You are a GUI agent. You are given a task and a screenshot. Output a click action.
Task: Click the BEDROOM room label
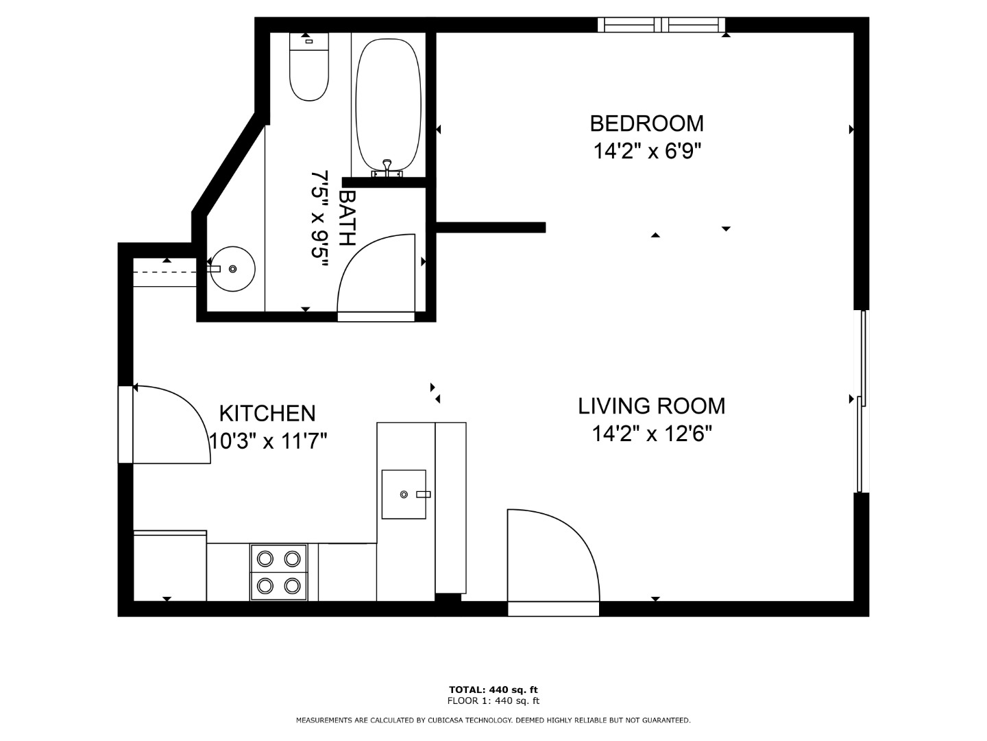coord(646,123)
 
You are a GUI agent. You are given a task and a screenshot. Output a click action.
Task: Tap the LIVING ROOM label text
coord(652,405)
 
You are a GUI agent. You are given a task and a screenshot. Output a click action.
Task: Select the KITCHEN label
coord(267,414)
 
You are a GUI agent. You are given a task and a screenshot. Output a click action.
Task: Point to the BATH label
coord(348,217)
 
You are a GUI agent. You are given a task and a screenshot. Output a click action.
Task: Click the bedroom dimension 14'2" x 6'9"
coord(648,151)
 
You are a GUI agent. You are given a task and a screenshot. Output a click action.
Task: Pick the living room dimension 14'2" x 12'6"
coord(652,434)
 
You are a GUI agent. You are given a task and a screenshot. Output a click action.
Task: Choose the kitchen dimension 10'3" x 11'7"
coord(269,441)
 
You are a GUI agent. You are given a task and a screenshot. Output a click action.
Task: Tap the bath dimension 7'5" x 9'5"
coord(319,219)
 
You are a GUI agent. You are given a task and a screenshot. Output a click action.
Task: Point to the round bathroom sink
coord(233,268)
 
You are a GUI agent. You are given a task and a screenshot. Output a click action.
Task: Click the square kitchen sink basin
coord(404,495)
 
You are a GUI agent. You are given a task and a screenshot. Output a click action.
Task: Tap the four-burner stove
coord(279,572)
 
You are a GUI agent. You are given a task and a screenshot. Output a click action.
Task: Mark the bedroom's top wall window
coord(661,25)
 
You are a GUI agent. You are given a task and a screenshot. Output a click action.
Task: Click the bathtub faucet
coord(387,169)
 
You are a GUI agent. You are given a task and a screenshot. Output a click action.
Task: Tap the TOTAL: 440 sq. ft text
coord(493,690)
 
